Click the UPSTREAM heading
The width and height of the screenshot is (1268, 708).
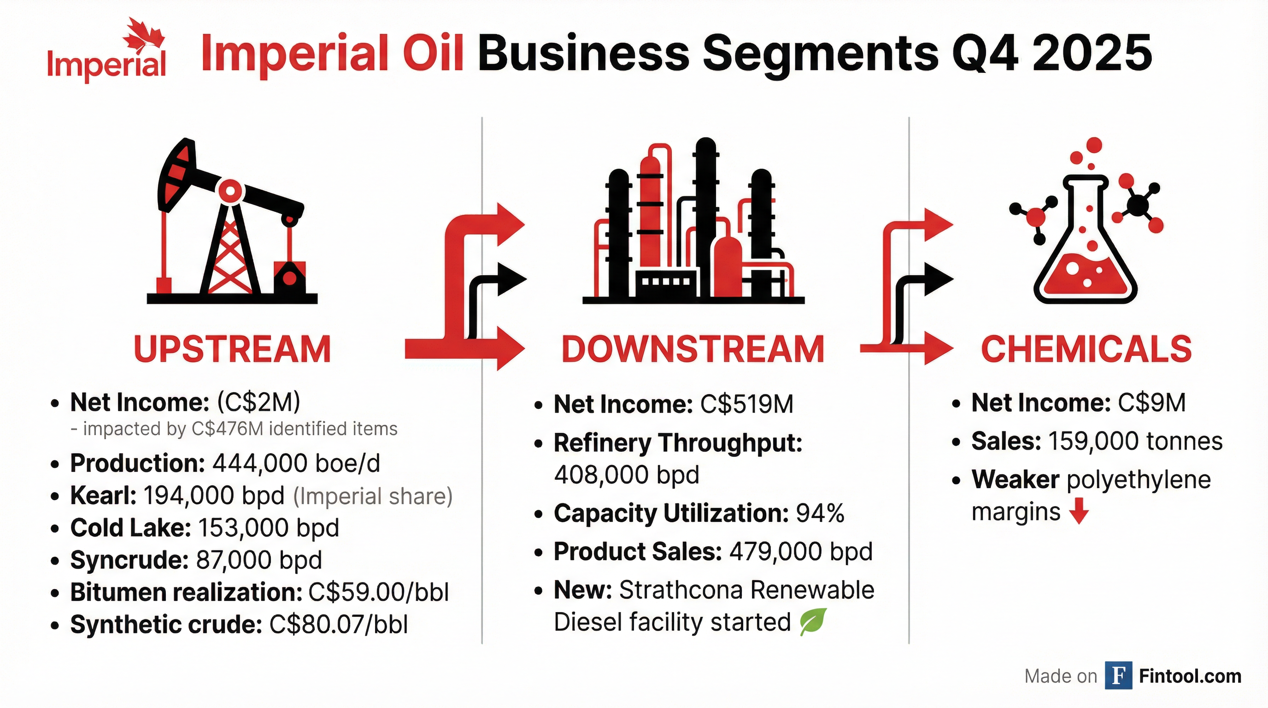coord(232,349)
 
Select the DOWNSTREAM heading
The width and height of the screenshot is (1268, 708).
coord(693,349)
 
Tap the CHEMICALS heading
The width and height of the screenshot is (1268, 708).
coord(1086,349)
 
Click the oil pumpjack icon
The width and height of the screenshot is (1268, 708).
coord(231,222)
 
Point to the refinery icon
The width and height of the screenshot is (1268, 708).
coord(693,222)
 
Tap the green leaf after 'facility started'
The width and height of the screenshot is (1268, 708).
coord(813,622)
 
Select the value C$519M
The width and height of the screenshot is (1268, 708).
coord(747,405)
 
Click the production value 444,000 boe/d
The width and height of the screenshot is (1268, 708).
coord(296,463)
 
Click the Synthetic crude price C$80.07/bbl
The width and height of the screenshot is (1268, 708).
coord(339,625)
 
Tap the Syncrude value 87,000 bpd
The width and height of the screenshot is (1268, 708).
coord(259,560)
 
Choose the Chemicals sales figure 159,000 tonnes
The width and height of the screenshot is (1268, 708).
coord(1136,441)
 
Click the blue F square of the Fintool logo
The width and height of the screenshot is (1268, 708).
coord(1118,676)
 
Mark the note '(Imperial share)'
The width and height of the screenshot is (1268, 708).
coord(373,496)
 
